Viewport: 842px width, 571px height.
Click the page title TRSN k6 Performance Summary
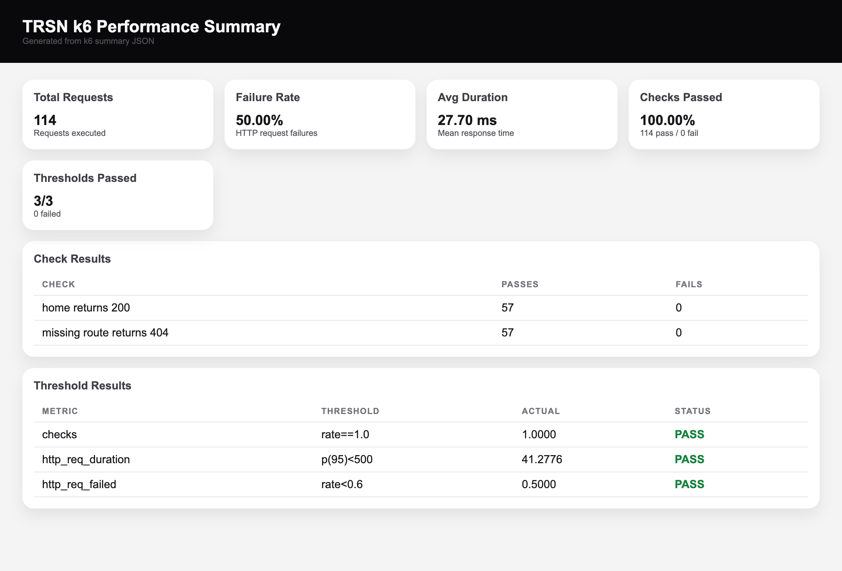click(152, 26)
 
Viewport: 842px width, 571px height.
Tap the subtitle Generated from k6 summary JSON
click(88, 41)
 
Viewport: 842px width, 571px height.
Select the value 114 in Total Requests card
click(45, 120)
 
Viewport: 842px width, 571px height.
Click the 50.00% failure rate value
click(259, 120)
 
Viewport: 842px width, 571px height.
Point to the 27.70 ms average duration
click(467, 120)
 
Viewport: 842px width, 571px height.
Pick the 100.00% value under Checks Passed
click(667, 120)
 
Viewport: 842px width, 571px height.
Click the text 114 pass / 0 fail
click(668, 133)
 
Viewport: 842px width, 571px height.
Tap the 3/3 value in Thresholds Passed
click(43, 201)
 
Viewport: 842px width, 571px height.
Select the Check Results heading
click(72, 259)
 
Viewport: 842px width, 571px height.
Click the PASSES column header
click(520, 284)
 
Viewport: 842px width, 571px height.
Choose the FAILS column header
click(688, 284)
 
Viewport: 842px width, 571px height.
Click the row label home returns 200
click(86, 307)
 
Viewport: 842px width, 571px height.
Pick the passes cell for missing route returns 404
click(507, 333)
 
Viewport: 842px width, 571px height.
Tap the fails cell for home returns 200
click(678, 307)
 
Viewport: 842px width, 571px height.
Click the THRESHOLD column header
click(350, 411)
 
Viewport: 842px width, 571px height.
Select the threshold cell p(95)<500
click(346, 459)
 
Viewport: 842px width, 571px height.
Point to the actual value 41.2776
click(541, 459)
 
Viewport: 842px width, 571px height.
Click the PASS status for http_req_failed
click(689, 484)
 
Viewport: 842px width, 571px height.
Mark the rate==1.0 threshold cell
click(345, 434)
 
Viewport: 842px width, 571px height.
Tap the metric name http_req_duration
click(86, 459)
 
